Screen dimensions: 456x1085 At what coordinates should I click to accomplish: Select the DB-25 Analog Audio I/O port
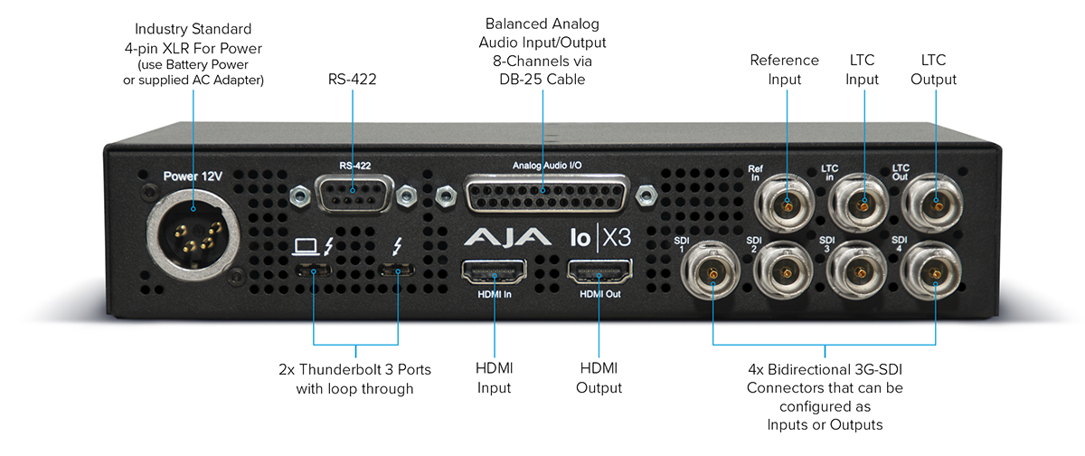coord(542,194)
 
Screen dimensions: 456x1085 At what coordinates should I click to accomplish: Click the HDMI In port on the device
coord(494,271)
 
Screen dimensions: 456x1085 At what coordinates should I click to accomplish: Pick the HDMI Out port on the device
coord(599,271)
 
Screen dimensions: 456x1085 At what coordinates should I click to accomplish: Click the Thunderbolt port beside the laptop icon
coord(315,270)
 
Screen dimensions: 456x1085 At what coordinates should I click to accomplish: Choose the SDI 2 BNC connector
coord(786,273)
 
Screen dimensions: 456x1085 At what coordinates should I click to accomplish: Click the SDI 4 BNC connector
coord(935,271)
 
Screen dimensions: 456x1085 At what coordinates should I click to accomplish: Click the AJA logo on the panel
coord(507,238)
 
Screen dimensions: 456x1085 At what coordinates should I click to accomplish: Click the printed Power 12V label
coord(193,176)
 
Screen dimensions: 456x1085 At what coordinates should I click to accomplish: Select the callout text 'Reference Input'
coord(784,70)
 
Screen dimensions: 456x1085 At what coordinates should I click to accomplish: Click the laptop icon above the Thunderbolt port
coord(304,244)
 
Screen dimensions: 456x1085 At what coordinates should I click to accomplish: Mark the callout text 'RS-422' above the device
coord(353,80)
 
